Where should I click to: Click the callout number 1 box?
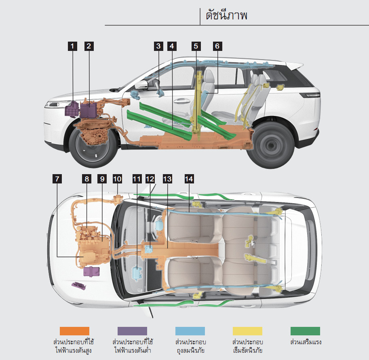click(x=72, y=46)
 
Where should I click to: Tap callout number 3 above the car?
click(x=159, y=46)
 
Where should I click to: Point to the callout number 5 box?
click(x=196, y=46)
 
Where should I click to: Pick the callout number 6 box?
click(x=217, y=46)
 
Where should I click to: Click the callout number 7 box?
click(x=57, y=178)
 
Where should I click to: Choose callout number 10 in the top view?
click(x=117, y=178)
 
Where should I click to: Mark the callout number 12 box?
click(x=150, y=178)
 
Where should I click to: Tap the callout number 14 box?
click(x=189, y=178)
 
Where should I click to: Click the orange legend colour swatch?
click(x=74, y=331)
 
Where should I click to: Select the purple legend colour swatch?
click(x=132, y=331)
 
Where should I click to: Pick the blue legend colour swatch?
click(x=190, y=331)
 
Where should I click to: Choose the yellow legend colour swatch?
click(x=248, y=331)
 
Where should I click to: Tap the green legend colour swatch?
click(x=305, y=331)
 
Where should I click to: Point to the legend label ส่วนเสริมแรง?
click(x=306, y=342)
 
